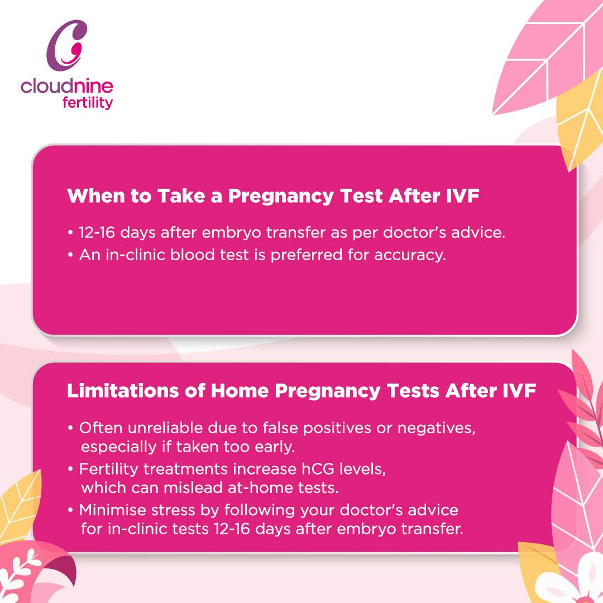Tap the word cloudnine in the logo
pyautogui.click(x=67, y=86)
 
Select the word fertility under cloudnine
pyautogui.click(x=88, y=103)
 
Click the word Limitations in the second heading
pyautogui.click(x=123, y=391)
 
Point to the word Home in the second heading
pyautogui.click(x=240, y=391)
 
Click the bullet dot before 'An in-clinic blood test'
pyautogui.click(x=70, y=255)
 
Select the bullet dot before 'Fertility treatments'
pyautogui.click(x=70, y=470)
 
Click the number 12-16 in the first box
pyautogui.click(x=97, y=233)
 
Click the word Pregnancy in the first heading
pyautogui.click(x=281, y=197)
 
